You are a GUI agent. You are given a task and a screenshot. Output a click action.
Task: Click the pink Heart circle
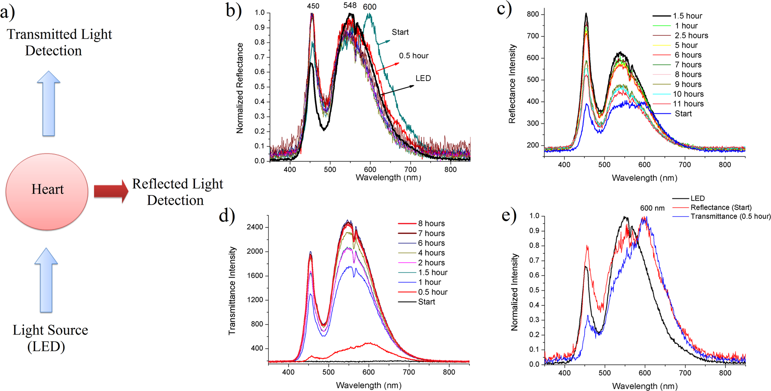coord(47,191)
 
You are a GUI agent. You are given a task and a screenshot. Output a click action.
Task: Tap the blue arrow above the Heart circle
coord(48,103)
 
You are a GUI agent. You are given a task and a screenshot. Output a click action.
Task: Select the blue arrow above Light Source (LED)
coord(46,280)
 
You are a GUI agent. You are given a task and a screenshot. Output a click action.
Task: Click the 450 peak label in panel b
coord(313,6)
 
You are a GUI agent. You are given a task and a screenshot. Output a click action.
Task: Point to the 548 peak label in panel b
coord(350,5)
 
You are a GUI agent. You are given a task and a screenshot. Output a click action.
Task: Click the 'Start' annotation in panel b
coord(400,32)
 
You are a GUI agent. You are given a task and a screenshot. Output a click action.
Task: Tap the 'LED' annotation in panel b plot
coord(423,78)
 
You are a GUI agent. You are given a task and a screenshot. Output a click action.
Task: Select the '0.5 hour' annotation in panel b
coord(413,56)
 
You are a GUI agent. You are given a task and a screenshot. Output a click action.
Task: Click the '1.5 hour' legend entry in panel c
coord(687,16)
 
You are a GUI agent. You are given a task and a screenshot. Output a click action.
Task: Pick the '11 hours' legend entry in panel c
coord(688,104)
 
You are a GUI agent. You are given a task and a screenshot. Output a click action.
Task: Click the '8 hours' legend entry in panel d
coord(431,224)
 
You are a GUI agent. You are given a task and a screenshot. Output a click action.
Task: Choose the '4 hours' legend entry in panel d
coord(431,253)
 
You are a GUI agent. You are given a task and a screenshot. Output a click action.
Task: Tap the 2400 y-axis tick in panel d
coord(255,227)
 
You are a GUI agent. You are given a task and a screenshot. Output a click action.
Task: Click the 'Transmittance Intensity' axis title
coord(232,291)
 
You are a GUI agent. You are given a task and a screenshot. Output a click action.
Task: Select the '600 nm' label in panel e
coord(652,208)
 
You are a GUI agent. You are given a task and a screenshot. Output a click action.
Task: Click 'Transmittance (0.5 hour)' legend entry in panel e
coord(730,216)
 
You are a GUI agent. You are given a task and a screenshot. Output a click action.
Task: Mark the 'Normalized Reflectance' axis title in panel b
coord(240,88)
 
